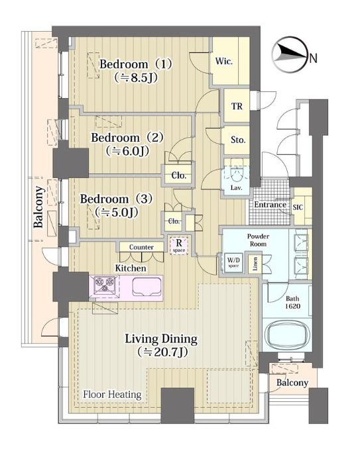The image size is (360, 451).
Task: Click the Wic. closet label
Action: tap(224, 62)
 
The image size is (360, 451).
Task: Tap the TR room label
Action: tap(237, 106)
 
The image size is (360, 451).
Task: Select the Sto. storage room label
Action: tap(238, 140)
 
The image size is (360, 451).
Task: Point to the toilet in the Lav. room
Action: tap(237, 173)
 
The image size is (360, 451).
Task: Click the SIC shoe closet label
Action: tap(298, 207)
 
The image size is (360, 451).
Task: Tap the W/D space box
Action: tap(233, 263)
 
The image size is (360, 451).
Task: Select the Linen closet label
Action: tap(255, 264)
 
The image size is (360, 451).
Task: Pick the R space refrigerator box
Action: tap(179, 245)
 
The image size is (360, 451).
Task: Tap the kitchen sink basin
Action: tap(147, 287)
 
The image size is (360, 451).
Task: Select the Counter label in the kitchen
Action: tap(141, 247)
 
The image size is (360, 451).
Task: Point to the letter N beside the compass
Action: tap(314, 58)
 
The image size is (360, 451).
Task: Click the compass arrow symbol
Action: tap(290, 54)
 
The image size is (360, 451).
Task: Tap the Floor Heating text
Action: tap(112, 394)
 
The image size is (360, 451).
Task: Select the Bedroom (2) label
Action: tap(127, 138)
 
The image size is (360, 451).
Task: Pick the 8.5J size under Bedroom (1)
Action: tap(136, 77)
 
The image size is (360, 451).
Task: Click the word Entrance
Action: tap(270, 205)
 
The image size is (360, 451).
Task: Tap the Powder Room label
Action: tap(258, 240)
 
